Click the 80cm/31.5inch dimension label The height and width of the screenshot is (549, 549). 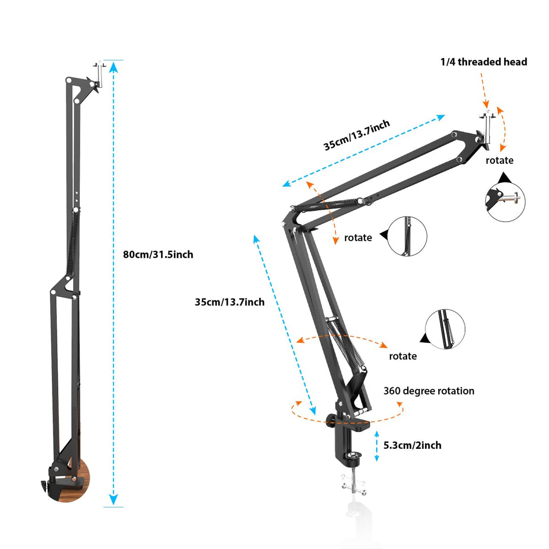pos(158,255)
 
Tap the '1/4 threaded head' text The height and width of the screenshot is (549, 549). pos(483,62)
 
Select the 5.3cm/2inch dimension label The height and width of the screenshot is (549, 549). pos(412,445)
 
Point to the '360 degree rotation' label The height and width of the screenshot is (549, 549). pos(429,391)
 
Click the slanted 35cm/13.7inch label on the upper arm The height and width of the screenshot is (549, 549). pos(357,136)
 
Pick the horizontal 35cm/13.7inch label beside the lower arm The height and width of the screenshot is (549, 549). pos(230,302)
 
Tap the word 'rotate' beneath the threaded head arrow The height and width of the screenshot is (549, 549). pos(499,161)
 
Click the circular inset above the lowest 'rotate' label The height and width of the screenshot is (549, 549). pos(445,329)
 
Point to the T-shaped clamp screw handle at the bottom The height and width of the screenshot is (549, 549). pos(354,489)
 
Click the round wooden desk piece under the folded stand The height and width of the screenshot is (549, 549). pos(81,480)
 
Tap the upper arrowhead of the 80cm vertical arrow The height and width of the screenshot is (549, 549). pos(114,67)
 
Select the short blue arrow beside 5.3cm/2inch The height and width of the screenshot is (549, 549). pos(377,445)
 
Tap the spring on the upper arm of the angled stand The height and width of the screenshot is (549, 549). pos(325,205)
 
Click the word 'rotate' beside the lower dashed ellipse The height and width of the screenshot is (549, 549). pos(403,356)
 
